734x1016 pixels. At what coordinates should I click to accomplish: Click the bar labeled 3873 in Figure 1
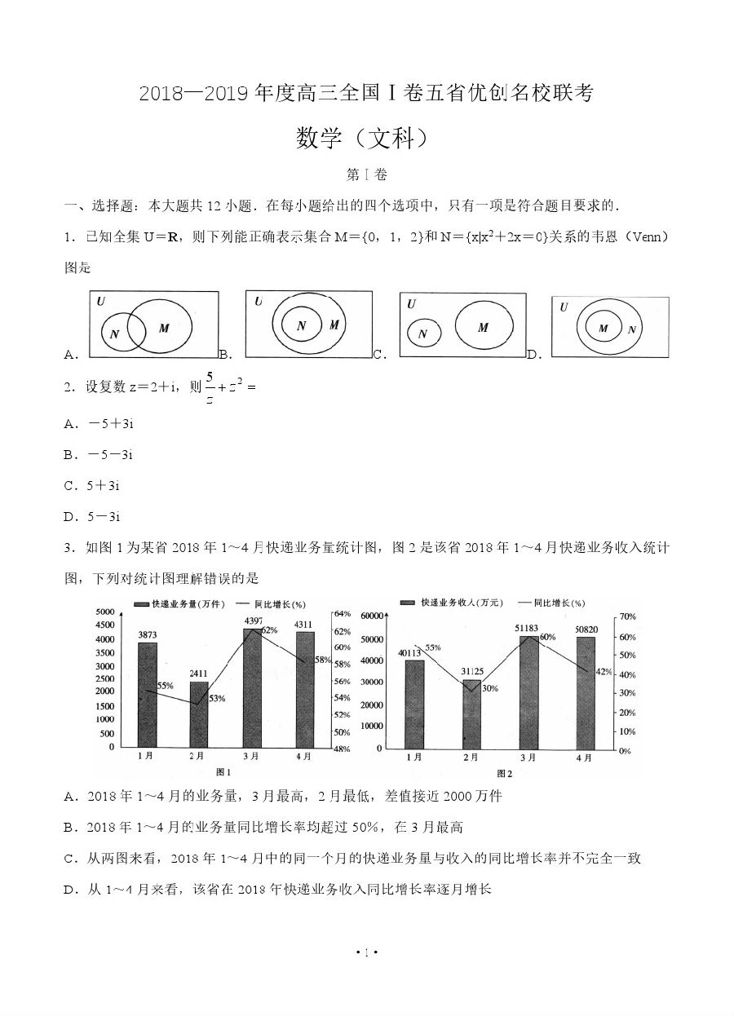148,694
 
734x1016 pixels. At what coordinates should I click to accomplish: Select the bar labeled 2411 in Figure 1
199,713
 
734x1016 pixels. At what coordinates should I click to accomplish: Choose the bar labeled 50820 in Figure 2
586,691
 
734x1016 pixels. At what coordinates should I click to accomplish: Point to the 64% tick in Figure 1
342,614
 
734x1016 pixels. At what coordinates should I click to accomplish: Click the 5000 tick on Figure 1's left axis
104,612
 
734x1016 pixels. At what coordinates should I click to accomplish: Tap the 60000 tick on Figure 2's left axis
371,616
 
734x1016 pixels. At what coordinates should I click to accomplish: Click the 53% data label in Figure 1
217,698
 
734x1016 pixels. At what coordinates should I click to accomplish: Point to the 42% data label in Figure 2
604,671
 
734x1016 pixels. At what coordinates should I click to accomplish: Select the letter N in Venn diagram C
422,334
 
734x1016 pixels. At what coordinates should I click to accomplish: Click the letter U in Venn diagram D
564,307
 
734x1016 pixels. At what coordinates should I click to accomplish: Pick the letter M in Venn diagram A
164,328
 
